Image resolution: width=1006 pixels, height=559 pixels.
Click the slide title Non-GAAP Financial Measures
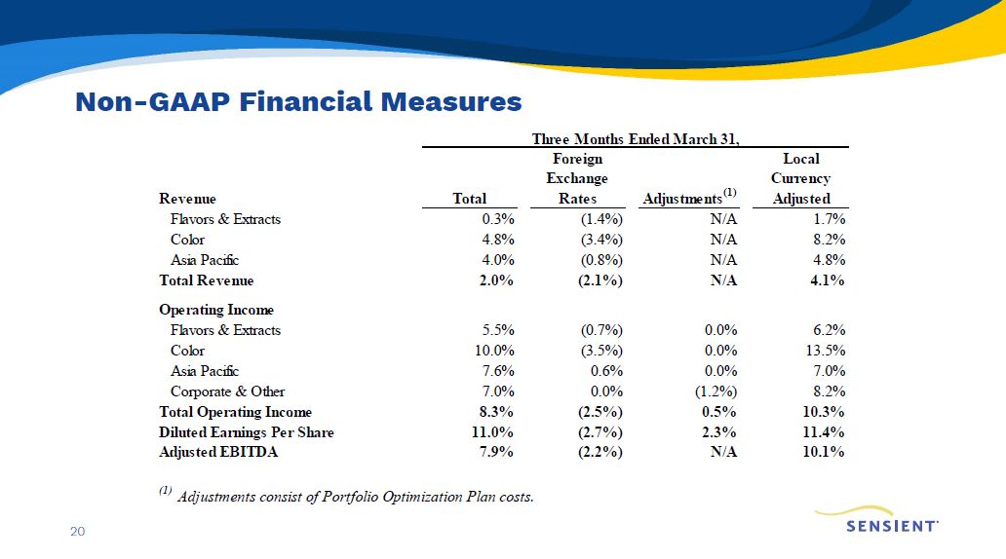pos(298,101)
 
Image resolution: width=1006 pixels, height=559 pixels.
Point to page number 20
pos(77,531)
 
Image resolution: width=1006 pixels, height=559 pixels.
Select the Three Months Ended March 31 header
pos(635,138)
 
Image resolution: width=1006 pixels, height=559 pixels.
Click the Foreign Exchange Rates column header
pos(577,179)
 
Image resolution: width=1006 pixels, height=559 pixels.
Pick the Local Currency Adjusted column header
pos(800,179)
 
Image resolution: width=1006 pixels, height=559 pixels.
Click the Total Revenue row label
pos(207,280)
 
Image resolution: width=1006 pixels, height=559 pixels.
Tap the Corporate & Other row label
pos(228,391)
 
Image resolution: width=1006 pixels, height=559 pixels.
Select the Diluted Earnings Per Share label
pos(247,432)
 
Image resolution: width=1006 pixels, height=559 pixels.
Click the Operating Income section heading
pos(217,310)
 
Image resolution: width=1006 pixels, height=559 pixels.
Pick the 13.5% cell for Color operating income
pos(821,351)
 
